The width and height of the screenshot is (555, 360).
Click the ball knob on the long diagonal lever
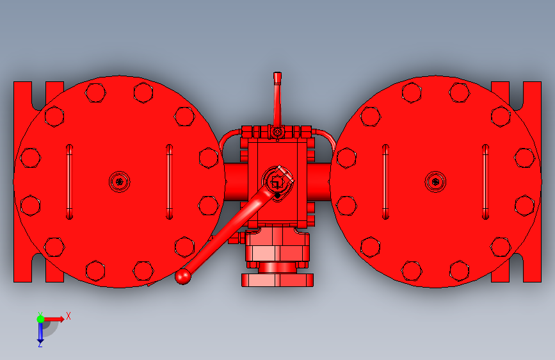coord(182,276)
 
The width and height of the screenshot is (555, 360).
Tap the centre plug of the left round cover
coord(120,182)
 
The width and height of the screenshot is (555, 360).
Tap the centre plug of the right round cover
coord(435,182)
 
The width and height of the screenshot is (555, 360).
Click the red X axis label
coord(68,316)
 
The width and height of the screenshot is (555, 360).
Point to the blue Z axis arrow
coord(40,332)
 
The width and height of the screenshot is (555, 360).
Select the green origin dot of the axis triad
coord(40,319)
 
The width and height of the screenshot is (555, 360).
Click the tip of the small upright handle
coord(278,74)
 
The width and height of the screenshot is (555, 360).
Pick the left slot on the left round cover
coord(69,182)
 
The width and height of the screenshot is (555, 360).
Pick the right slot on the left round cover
coord(169,182)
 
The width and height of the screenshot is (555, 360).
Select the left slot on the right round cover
coord(385,182)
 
